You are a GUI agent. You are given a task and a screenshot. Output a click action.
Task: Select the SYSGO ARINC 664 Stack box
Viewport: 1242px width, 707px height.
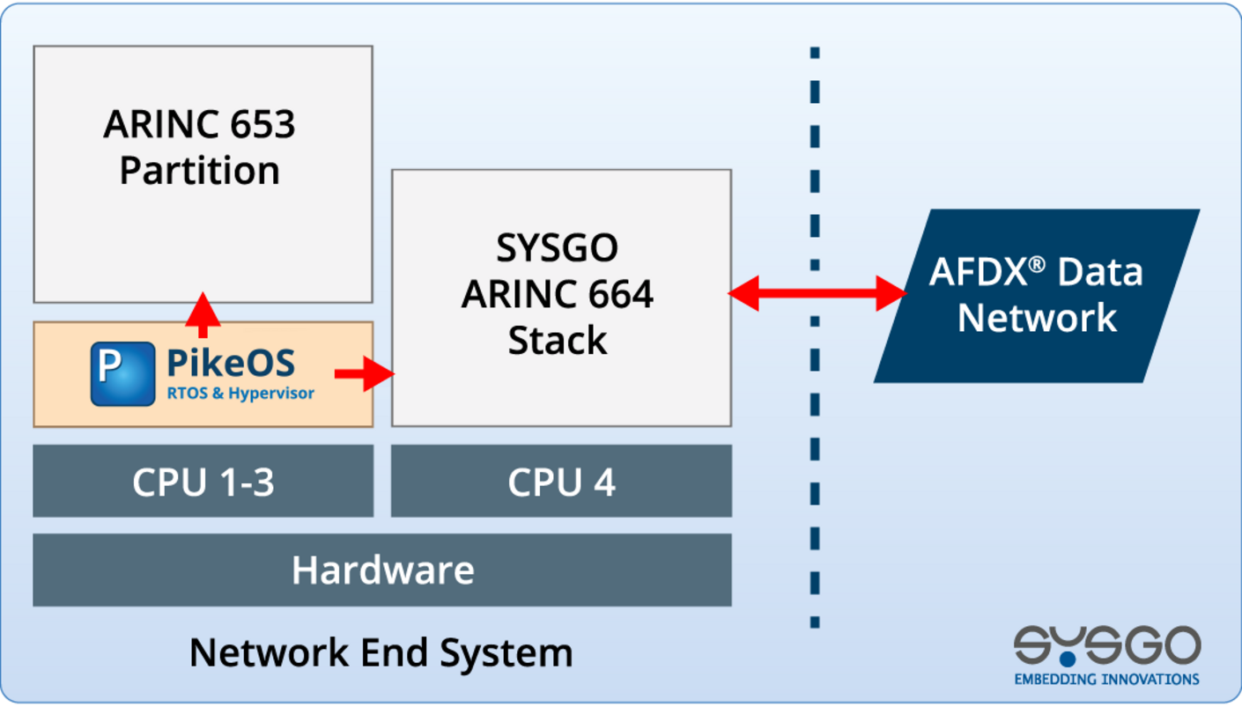click(x=560, y=379)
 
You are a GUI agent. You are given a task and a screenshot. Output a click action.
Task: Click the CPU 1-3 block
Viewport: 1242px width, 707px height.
click(x=203, y=482)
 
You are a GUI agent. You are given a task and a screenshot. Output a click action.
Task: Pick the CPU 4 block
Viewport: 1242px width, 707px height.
click(x=561, y=482)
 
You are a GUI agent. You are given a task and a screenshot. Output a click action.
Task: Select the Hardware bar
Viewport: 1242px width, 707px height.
click(x=382, y=571)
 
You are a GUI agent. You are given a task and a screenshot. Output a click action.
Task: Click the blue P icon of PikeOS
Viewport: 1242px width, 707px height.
click(x=122, y=373)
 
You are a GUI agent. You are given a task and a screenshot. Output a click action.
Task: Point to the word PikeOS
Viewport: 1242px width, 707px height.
click(x=231, y=363)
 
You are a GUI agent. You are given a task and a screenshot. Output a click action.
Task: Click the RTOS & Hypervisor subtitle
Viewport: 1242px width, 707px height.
click(x=240, y=394)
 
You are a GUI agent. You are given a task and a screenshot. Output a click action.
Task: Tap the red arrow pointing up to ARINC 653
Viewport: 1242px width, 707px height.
click(x=203, y=315)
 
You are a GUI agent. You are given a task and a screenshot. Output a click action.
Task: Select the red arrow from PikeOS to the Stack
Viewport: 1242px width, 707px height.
click(x=364, y=373)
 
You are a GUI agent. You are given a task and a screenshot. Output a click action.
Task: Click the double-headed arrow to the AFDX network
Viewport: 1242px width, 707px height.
click(x=817, y=293)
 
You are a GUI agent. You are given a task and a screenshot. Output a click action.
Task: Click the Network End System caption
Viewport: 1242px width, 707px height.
click(x=381, y=653)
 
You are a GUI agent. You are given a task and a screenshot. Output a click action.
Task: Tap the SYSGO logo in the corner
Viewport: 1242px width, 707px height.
click(x=1106, y=647)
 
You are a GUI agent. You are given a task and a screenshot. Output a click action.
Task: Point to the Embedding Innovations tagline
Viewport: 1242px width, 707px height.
click(x=1106, y=679)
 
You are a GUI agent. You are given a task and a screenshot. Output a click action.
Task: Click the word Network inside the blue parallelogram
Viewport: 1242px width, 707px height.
click(x=1036, y=317)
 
